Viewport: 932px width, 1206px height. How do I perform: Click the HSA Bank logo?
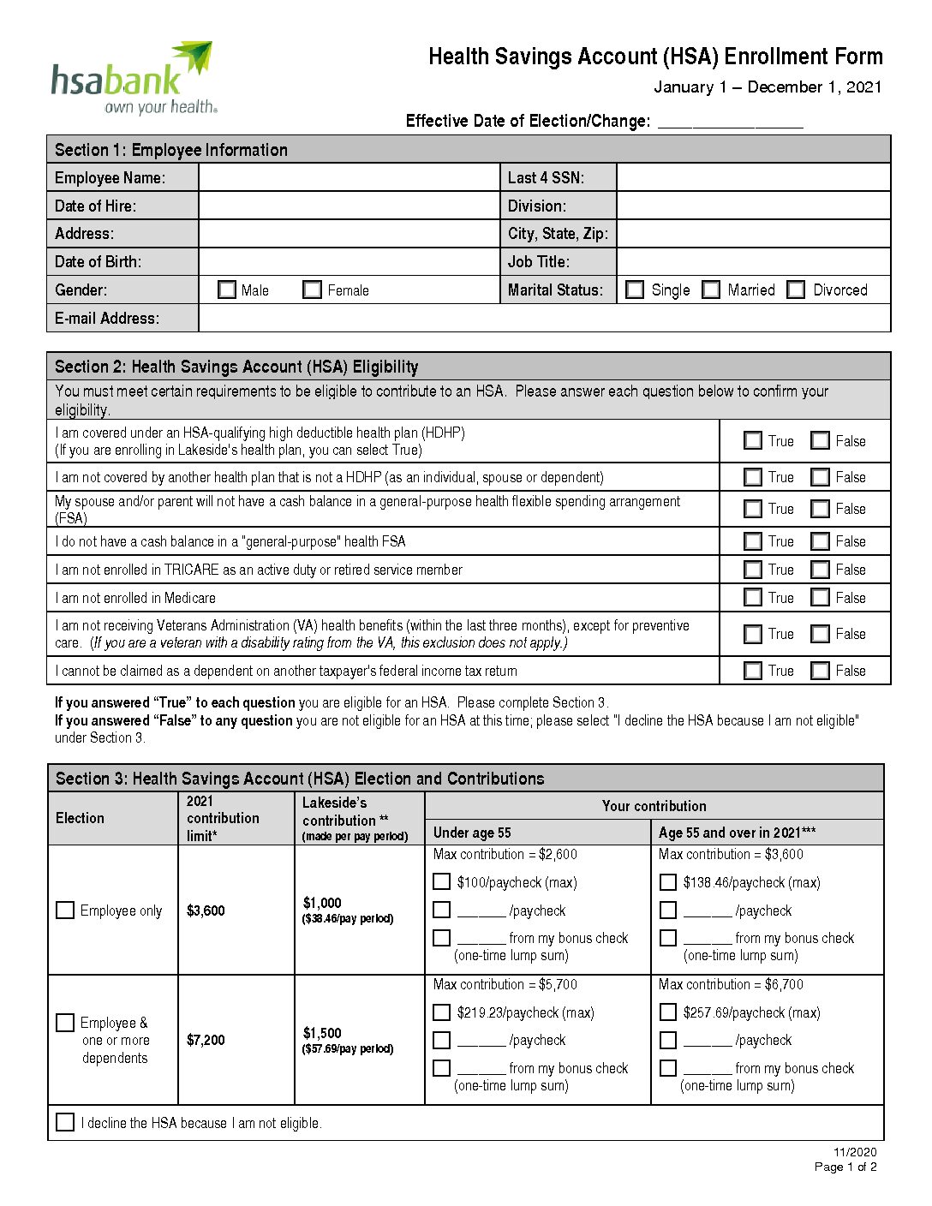133,79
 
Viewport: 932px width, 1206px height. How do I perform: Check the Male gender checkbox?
227,290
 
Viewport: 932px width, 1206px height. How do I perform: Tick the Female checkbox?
313,290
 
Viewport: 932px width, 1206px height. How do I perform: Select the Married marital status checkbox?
711,290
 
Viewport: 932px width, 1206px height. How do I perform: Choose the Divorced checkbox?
797,290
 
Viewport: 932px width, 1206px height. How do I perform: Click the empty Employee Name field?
349,177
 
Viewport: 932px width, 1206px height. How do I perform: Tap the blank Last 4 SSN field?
753,177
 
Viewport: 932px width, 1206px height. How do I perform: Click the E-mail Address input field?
544,318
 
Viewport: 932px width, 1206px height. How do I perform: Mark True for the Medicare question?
753,598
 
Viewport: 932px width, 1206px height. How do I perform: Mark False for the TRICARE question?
821,570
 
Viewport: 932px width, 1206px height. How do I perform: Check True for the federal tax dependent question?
753,671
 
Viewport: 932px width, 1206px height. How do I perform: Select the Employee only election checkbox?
65,910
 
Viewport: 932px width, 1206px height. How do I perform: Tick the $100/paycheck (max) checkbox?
442,881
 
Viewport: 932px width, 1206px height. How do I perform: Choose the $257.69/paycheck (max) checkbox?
668,1012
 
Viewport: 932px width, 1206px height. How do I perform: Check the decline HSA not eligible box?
65,1122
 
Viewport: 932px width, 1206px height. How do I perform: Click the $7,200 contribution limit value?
206,1040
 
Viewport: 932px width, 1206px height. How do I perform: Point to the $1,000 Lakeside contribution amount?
322,903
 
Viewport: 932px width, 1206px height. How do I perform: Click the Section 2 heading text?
236,367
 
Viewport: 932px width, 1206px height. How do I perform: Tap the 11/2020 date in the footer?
855,1152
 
